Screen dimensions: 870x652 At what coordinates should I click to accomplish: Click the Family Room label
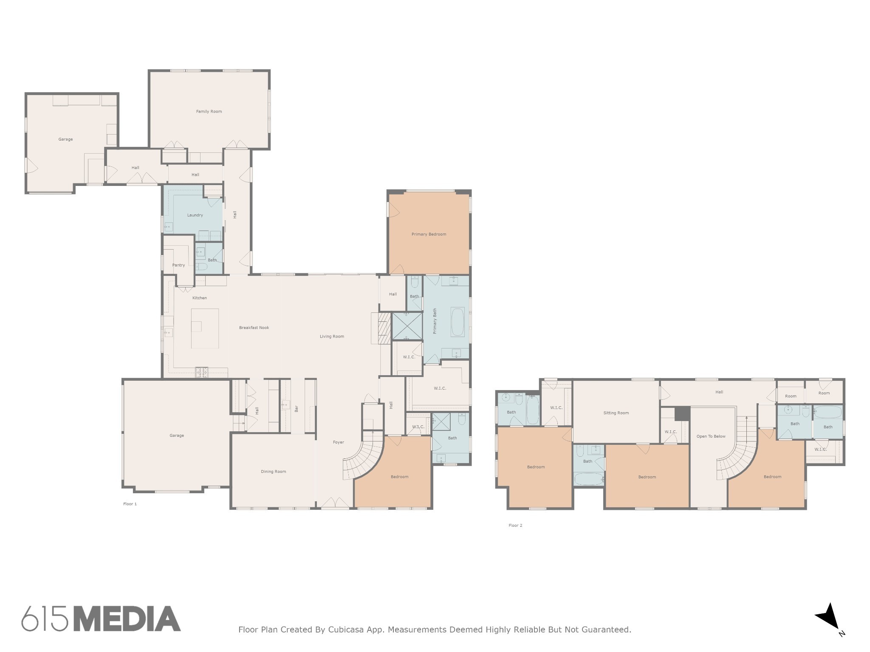[209, 112]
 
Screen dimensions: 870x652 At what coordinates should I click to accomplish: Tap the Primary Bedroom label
[429, 234]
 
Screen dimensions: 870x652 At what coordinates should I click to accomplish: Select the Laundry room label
[195, 215]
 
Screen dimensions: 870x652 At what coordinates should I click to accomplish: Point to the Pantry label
[178, 265]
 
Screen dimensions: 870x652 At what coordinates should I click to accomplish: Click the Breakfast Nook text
[254, 328]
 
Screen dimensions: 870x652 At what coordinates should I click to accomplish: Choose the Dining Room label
[274, 472]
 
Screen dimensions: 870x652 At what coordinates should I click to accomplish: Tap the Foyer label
[339, 442]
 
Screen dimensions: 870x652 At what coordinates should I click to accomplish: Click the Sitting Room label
[616, 413]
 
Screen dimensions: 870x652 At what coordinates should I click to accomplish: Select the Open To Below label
[711, 436]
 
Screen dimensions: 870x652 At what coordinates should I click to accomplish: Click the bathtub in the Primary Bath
[458, 322]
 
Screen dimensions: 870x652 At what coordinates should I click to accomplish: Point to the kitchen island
[205, 329]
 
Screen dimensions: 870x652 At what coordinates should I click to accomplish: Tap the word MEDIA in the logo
[127, 619]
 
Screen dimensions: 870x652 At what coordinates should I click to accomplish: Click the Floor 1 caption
[130, 504]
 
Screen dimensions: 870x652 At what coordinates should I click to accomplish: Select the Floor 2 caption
[515, 526]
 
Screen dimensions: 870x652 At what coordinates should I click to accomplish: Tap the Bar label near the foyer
[297, 409]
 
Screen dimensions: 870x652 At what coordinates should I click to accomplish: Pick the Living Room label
[332, 337]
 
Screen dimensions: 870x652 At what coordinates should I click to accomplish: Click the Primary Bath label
[435, 321]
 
